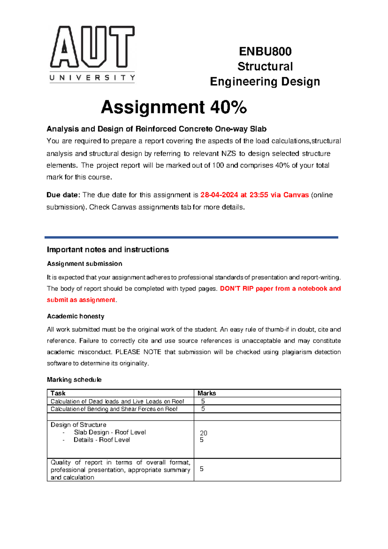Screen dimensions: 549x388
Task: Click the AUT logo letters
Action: (x=92, y=47)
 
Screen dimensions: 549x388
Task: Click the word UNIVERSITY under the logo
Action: (x=92, y=78)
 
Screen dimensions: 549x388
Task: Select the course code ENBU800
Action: (x=265, y=51)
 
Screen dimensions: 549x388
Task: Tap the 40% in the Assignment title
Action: (x=228, y=107)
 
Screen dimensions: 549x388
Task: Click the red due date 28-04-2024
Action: (x=219, y=195)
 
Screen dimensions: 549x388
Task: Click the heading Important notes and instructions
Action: (x=108, y=250)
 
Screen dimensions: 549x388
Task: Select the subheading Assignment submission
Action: (x=84, y=264)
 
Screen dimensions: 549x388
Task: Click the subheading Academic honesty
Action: (x=75, y=316)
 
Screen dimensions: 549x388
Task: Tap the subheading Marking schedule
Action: (x=74, y=380)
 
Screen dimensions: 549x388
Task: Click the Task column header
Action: (x=58, y=393)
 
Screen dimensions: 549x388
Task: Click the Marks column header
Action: (x=207, y=393)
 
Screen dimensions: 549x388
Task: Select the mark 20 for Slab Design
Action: (x=203, y=433)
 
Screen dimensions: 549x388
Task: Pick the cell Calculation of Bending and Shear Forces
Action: (x=114, y=409)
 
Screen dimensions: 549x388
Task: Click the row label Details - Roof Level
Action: (x=102, y=440)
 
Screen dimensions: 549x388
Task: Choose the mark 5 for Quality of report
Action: (x=202, y=469)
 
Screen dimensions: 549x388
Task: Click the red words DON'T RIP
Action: (x=236, y=288)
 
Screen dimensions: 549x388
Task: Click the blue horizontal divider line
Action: (x=191, y=237)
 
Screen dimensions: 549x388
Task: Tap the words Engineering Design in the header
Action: (x=265, y=82)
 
